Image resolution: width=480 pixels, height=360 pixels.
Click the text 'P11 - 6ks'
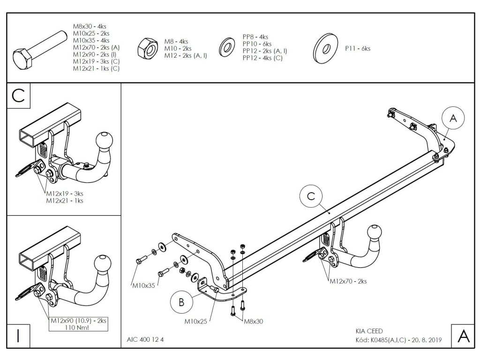(x=358, y=48)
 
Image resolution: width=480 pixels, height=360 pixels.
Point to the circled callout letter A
(x=452, y=119)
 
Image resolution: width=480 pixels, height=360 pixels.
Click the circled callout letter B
(x=181, y=303)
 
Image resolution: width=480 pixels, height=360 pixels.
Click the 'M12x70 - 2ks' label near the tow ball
(x=348, y=281)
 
